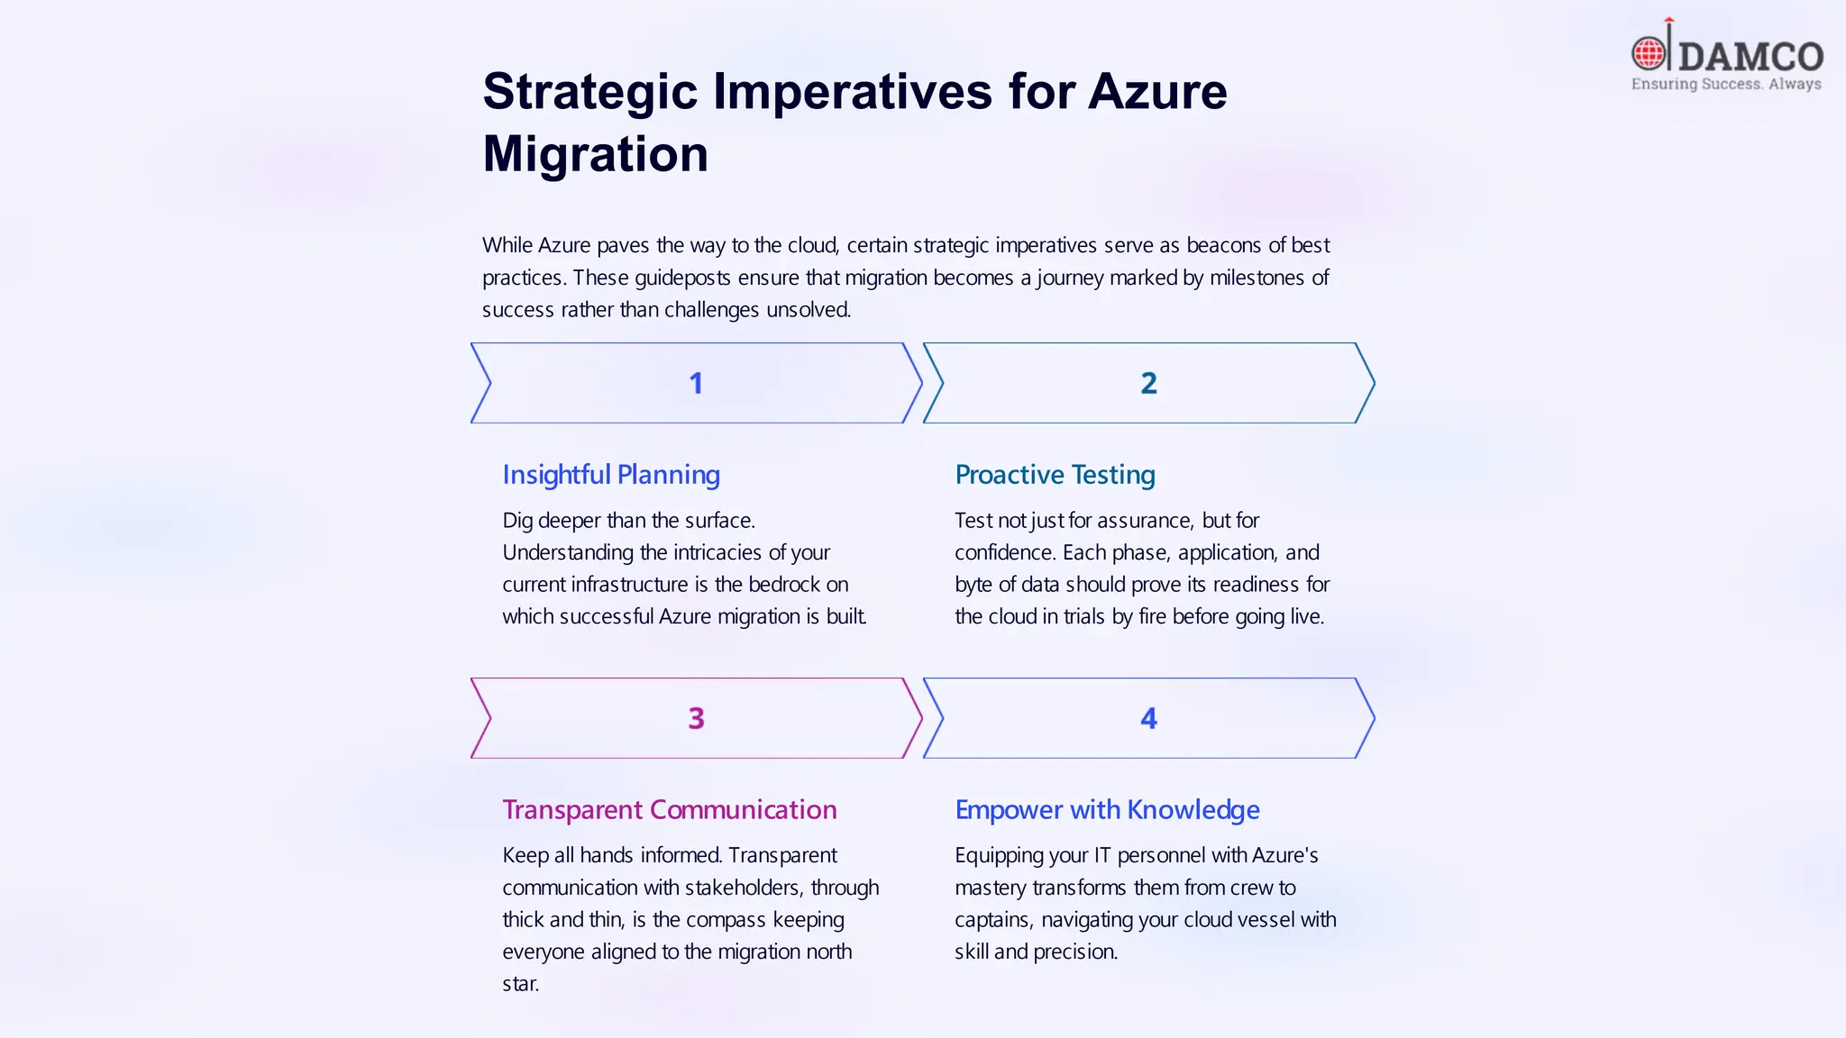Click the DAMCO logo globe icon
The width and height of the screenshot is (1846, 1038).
(x=1649, y=54)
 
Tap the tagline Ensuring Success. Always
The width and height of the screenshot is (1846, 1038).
(x=1725, y=84)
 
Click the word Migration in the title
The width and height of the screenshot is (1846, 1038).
(x=595, y=153)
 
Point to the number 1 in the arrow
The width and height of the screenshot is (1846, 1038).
(x=696, y=384)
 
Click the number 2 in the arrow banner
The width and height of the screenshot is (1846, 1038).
(x=1148, y=384)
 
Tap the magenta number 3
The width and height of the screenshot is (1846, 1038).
(x=696, y=719)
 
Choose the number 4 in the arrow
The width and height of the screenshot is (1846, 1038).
(x=1148, y=719)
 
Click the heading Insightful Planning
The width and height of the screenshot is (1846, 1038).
(x=611, y=475)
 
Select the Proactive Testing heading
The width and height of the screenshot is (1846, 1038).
(x=1055, y=475)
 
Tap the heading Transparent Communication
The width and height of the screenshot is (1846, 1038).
(x=669, y=810)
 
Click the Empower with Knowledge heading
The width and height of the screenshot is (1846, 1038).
(x=1107, y=810)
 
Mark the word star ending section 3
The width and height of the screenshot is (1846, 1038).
(x=520, y=984)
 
